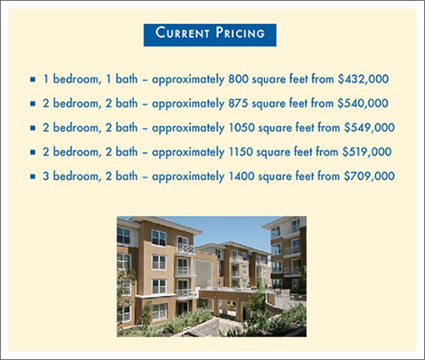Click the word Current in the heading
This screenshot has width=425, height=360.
pyautogui.click(x=182, y=32)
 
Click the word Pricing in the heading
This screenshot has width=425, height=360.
pyautogui.click(x=240, y=32)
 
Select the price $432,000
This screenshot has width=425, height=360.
pyautogui.click(x=363, y=79)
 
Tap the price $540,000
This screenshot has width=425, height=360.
pyautogui.click(x=363, y=103)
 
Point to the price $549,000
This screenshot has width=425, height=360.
pyautogui.click(x=369, y=127)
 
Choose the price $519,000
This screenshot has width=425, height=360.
pyautogui.click(x=367, y=152)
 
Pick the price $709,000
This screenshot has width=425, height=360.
pyautogui.click(x=369, y=176)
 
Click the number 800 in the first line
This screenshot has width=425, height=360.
pyautogui.click(x=238, y=79)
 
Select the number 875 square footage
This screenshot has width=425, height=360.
pyautogui.click(x=238, y=103)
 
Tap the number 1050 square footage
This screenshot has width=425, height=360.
pyautogui.click(x=242, y=127)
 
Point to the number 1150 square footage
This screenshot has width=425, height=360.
pyautogui.click(x=241, y=152)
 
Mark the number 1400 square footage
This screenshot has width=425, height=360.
pyautogui.click(x=242, y=176)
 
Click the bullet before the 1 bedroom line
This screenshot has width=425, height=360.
pyautogui.click(x=32, y=79)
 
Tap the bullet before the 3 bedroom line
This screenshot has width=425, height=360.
pyautogui.click(x=32, y=177)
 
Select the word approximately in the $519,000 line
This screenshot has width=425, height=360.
pyautogui.click(x=188, y=152)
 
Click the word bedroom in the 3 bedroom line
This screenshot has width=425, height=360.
pyautogui.click(x=76, y=176)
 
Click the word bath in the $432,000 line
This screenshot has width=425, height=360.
pyautogui.click(x=127, y=79)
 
